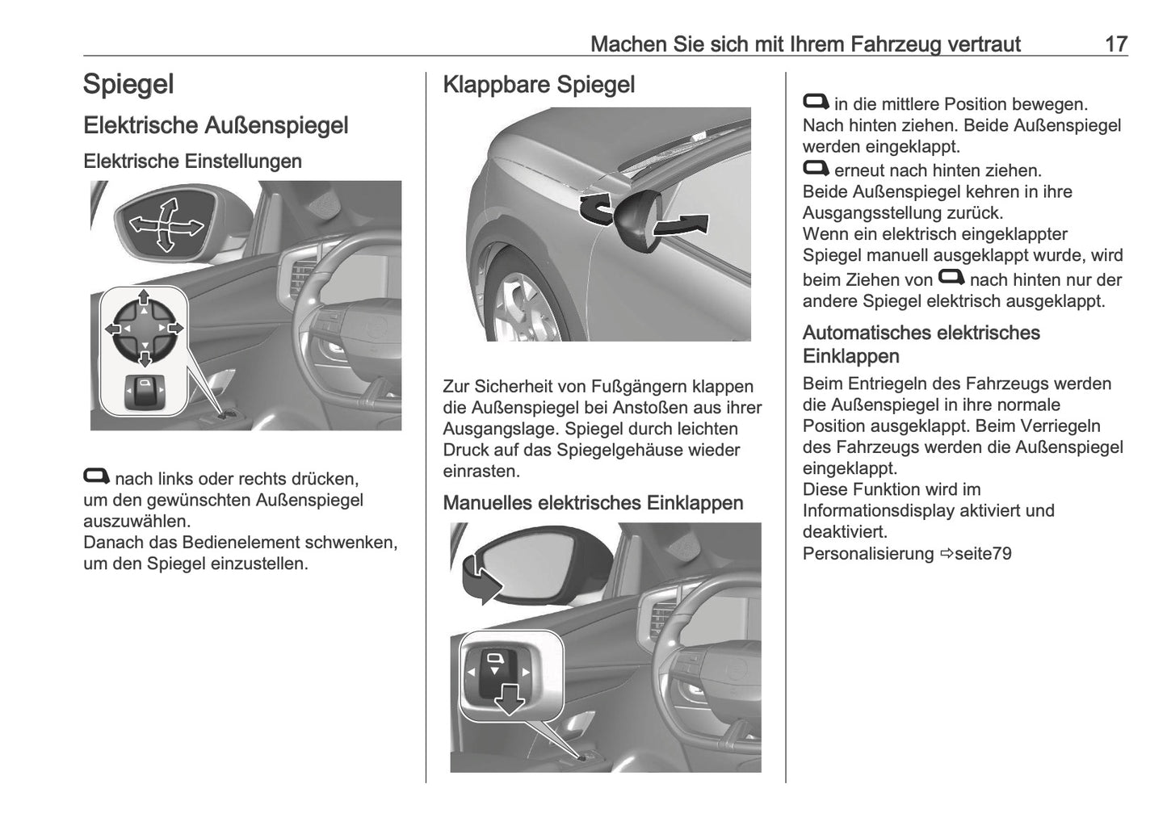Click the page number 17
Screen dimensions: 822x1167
coord(1115,44)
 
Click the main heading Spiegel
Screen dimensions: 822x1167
coord(128,85)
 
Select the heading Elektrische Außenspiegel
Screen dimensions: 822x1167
coord(216,126)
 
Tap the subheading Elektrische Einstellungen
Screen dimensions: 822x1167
coord(192,161)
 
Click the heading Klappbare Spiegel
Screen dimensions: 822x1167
coord(539,85)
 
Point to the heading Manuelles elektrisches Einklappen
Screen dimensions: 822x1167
coord(593,503)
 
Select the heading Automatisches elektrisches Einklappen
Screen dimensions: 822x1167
coord(921,344)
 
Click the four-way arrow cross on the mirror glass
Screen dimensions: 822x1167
coord(166,225)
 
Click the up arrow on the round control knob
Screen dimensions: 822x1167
coord(144,297)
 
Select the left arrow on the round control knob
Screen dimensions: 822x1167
coord(113,329)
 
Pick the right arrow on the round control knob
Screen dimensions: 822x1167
coord(175,329)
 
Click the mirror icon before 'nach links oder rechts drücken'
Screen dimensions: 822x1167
coord(96,476)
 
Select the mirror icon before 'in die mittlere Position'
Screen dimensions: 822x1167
coord(816,102)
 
